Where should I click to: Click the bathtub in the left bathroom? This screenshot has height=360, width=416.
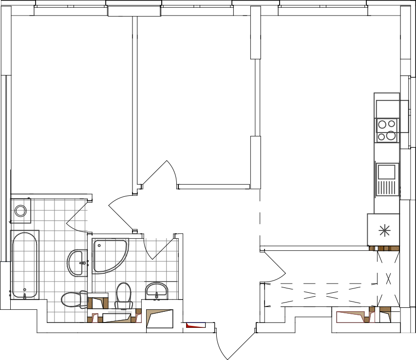pos(24,265)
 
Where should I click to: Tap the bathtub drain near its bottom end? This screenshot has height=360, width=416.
pos(24,290)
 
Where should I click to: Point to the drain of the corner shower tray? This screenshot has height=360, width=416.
pos(99,246)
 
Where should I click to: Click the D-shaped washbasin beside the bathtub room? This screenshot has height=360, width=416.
pos(77,263)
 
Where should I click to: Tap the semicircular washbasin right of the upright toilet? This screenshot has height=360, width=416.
pos(156,291)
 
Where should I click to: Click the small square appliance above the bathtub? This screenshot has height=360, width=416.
pos(21,210)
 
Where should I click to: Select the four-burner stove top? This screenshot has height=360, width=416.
pos(387,130)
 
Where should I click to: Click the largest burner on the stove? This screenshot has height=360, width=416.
pos(391,135)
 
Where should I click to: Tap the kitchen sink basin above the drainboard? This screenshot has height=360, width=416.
pos(386,172)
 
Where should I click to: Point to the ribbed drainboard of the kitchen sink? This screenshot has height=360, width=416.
pos(387,188)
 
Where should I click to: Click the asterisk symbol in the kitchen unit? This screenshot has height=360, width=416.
pos(385,230)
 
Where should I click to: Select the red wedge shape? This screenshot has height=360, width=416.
pos(194,325)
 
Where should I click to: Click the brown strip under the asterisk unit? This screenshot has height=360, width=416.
pos(384,248)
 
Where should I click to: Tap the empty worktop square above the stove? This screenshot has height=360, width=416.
pos(387,109)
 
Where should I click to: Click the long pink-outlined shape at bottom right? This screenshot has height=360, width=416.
pos(351,317)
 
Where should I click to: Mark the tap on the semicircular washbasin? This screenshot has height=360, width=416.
pos(156,296)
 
